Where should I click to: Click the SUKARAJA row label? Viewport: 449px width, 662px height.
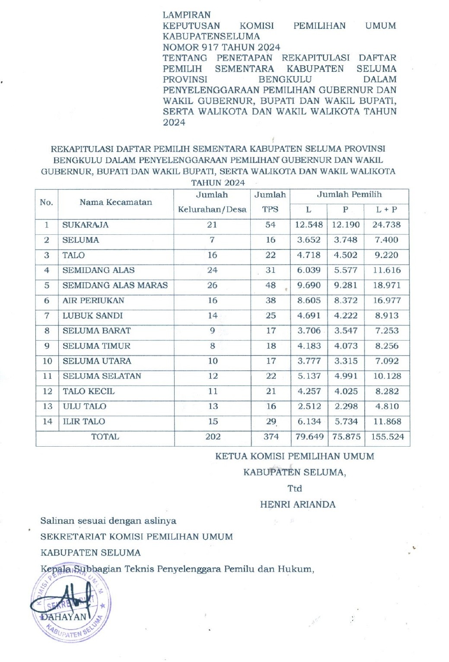[86, 225]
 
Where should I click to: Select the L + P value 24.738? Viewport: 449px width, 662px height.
[387, 225]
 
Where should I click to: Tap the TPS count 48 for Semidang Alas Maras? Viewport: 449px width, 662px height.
[271, 285]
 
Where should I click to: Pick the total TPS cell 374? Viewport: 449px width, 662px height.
[271, 437]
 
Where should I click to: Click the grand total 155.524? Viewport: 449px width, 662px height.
[387, 437]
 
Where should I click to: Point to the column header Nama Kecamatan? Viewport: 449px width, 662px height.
[116, 202]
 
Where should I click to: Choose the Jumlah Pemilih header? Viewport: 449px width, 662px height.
[349, 195]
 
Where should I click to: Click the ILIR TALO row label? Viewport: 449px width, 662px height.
[84, 422]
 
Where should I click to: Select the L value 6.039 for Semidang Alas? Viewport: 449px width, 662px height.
[309, 270]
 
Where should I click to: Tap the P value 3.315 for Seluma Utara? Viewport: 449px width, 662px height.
[346, 361]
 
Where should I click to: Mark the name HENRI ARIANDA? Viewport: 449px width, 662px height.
[298, 505]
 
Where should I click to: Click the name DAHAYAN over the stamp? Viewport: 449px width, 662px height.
[64, 617]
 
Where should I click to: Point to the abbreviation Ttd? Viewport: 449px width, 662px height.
[295, 489]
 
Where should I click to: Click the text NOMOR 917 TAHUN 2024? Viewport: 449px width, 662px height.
[221, 47]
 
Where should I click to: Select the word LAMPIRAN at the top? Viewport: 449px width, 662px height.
[187, 15]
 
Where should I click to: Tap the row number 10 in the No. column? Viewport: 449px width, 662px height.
[47, 361]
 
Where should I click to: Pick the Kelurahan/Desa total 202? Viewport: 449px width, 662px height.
[213, 437]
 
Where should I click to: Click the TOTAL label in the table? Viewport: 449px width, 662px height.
[105, 437]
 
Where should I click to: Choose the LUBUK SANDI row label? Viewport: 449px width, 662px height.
[92, 316]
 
